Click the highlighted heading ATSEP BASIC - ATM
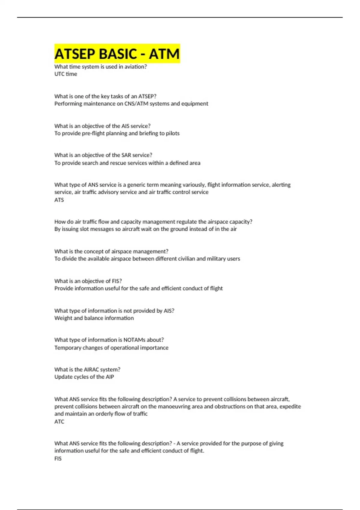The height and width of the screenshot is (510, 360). [x=117, y=54]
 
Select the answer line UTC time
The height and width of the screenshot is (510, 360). [x=66, y=74]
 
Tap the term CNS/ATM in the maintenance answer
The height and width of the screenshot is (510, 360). [x=136, y=104]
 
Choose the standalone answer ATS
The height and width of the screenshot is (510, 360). [x=59, y=200]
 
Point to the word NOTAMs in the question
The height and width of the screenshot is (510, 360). [x=134, y=340]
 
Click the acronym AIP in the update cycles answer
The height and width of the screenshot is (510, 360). [x=110, y=377]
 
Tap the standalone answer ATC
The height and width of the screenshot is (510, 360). [x=59, y=421]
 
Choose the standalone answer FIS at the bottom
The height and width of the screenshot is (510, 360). [x=58, y=458]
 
